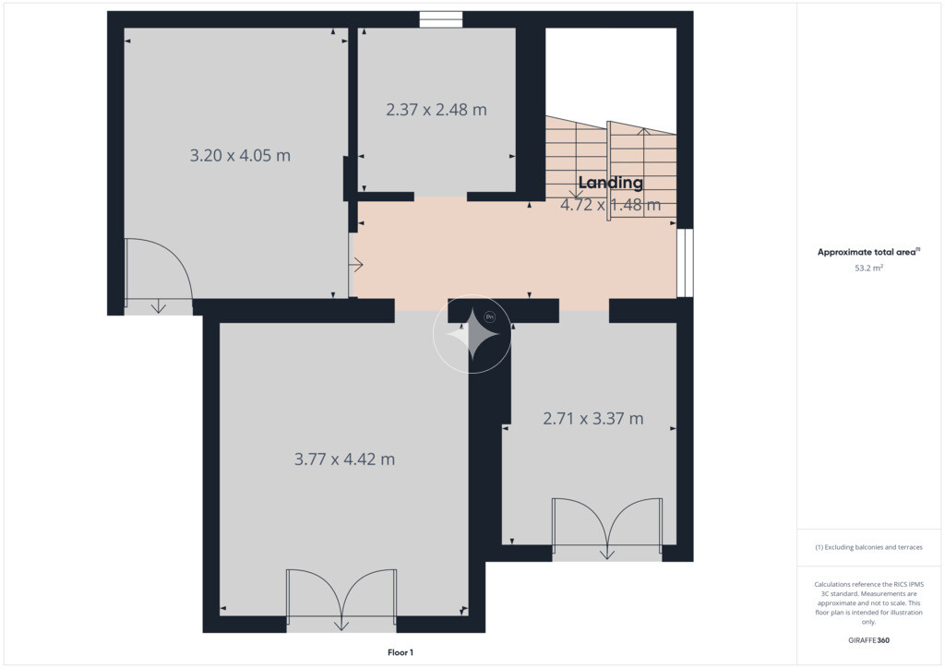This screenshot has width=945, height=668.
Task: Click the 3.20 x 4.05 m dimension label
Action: pos(240,155)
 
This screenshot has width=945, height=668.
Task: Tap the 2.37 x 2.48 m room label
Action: pos(437,110)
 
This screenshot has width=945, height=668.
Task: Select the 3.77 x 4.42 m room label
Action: pos(344,459)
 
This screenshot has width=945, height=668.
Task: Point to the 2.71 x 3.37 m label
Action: pos(593,418)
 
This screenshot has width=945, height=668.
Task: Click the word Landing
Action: pos(611,183)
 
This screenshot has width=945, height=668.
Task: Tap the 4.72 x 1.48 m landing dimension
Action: pos(611,205)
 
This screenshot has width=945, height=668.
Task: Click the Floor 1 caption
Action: pos(401,652)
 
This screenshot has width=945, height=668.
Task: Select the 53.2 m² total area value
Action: pos(868,268)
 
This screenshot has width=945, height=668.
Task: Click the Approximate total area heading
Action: pos(868,252)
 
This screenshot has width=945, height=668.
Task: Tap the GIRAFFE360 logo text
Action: pos(868,640)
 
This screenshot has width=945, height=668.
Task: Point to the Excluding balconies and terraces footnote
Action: pos(868,547)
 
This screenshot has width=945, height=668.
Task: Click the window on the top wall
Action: pos(441,19)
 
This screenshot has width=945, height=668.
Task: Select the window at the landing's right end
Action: pos(685,263)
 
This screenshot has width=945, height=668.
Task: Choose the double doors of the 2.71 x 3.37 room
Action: pos(607,523)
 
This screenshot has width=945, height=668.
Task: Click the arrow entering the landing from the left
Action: pos(356,265)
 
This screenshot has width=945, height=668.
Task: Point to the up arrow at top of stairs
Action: pos(643,132)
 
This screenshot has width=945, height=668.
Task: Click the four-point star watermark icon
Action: pos(472,334)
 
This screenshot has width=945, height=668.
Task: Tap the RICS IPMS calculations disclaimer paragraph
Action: pos(868,602)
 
